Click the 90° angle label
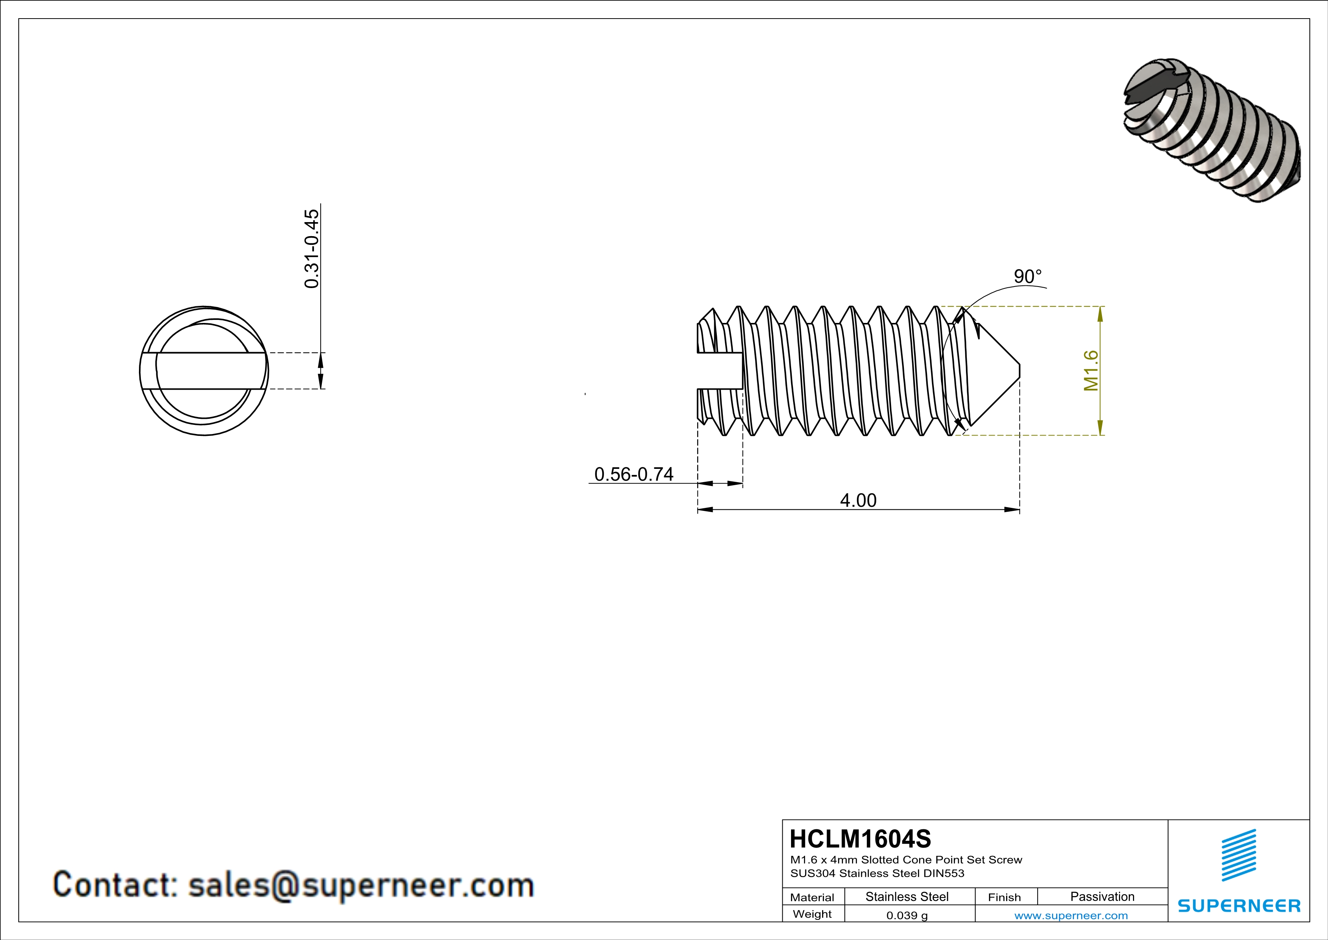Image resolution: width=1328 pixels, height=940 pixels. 1027,277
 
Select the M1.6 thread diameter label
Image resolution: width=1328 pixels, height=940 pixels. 1090,370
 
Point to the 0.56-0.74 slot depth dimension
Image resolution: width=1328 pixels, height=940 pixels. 634,474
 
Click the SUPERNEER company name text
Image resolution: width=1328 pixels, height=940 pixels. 1239,906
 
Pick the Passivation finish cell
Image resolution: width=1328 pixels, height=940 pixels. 1102,896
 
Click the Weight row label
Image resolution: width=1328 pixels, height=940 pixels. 812,914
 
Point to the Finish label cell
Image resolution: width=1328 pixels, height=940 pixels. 1004,897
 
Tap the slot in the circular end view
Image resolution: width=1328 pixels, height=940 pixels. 204,370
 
